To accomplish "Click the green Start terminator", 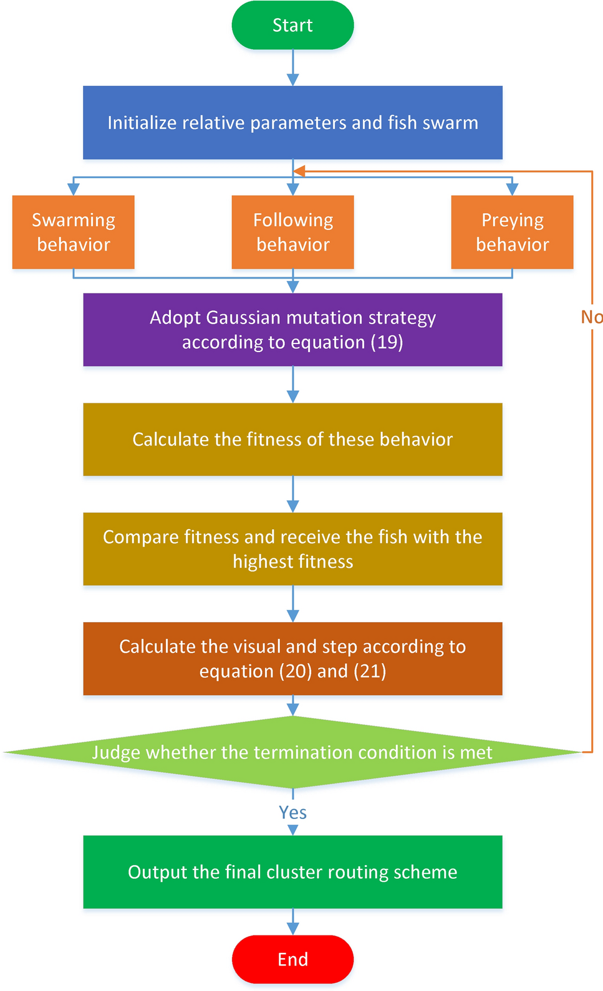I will pos(292,25).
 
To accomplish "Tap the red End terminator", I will pos(292,959).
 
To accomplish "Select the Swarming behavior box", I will pos(74,232).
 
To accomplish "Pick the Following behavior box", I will pos(292,232).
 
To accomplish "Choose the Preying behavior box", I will pos(512,232).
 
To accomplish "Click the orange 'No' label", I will pos(591,317).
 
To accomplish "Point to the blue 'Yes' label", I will pos(292,813).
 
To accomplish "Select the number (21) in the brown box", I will pos(370,671).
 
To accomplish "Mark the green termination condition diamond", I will pos(292,752).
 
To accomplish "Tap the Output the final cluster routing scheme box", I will pos(292,872).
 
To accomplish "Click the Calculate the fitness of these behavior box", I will pos(292,439).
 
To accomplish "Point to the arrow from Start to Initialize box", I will pos(292,67).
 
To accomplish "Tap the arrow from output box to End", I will pos(292,921).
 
